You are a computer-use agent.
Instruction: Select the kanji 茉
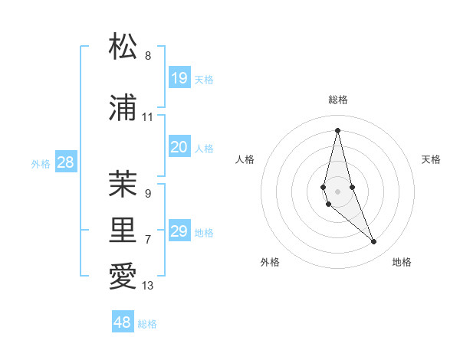pyautogui.click(x=123, y=184)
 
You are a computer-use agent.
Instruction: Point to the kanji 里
pyautogui.click(x=123, y=230)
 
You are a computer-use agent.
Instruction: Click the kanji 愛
pyautogui.click(x=123, y=277)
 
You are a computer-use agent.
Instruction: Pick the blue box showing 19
pyautogui.click(x=179, y=78)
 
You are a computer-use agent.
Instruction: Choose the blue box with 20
pyautogui.click(x=179, y=147)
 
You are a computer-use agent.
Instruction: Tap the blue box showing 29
pyautogui.click(x=179, y=231)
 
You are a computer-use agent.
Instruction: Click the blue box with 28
pyautogui.click(x=65, y=162)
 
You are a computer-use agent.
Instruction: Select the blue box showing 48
pyautogui.click(x=123, y=322)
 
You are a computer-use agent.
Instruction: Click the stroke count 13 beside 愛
pyautogui.click(x=148, y=286)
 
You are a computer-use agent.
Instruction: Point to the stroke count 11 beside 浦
pyautogui.click(x=148, y=117)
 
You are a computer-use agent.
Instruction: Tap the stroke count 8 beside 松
pyautogui.click(x=148, y=55)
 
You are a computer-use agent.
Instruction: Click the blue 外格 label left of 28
pyautogui.click(x=41, y=163)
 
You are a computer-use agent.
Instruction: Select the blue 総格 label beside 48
pyautogui.click(x=147, y=324)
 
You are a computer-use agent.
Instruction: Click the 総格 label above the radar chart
pyautogui.click(x=338, y=100)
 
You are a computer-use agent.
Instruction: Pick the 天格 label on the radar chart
pyautogui.click(x=431, y=159)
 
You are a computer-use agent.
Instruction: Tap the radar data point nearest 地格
pyautogui.click(x=374, y=241)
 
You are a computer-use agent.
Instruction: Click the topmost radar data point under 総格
pyautogui.click(x=337, y=129)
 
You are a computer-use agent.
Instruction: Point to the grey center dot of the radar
pyautogui.click(x=337, y=191)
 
